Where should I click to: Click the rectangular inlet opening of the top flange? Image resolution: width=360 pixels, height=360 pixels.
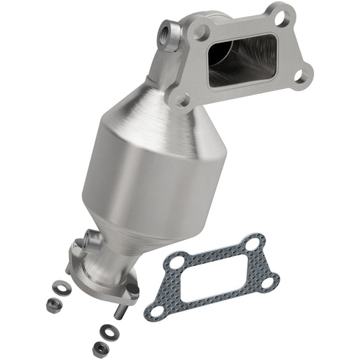coord(242,61)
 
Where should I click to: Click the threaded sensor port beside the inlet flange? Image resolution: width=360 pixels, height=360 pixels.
coord(165,31)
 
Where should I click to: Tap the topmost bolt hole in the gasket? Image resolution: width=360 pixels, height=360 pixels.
coord(254,240)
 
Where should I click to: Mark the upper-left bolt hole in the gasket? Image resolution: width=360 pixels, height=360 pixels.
coord(176,259)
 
